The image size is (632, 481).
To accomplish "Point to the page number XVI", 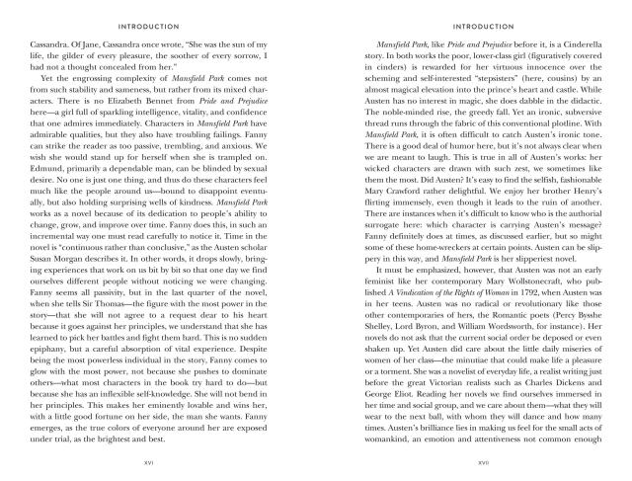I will (164, 463).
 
